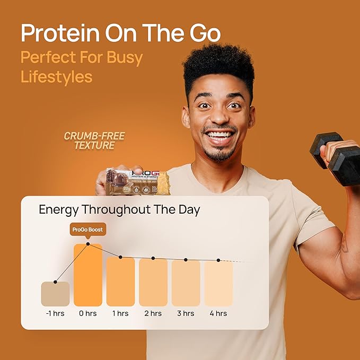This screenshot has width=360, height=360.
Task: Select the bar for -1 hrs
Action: [55, 294]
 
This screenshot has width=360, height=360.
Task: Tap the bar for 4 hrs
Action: [218, 283]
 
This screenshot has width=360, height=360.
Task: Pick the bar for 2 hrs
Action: [153, 282]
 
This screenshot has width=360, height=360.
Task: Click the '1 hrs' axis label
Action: [120, 313]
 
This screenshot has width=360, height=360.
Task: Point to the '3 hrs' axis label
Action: [186, 313]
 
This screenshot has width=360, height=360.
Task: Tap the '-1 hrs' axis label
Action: [55, 313]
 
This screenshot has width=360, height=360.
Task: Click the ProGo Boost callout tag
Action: [88, 230]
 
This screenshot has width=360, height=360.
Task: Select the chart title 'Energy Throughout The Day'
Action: [119, 209]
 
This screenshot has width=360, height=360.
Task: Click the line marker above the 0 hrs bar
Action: [88, 244]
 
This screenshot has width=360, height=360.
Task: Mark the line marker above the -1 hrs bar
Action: [55, 281]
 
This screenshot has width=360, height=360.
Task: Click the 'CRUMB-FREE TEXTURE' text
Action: [94, 141]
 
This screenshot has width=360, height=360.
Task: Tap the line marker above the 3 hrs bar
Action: [186, 259]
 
